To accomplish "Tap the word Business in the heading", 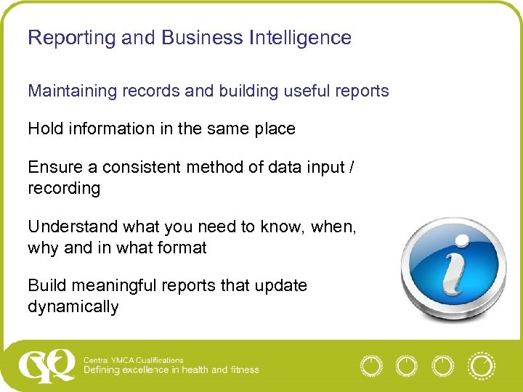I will coord(190,38).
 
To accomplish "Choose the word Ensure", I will coord(56,167).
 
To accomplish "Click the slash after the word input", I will coord(352,167).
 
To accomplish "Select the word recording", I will coord(64,188).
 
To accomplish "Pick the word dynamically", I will coord(73,307).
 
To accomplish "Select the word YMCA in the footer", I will coord(122,360).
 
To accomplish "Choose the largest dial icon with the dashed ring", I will coord(481,365).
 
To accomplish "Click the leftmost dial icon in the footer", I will coord(371,365).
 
